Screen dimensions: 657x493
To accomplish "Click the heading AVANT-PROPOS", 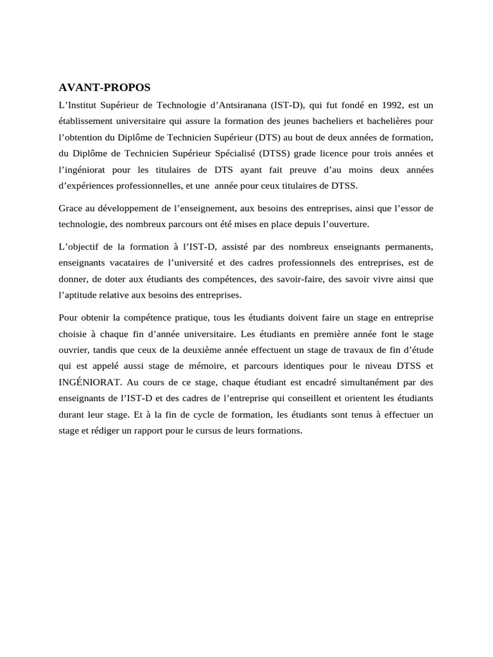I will click(x=105, y=88).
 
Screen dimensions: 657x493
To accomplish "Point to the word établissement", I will click(x=87, y=121).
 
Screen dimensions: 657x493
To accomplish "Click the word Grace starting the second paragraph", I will click(x=71, y=209).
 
